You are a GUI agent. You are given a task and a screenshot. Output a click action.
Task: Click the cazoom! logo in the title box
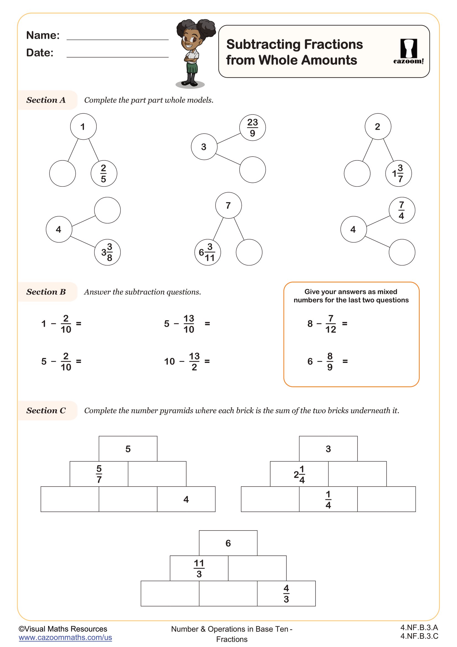408,51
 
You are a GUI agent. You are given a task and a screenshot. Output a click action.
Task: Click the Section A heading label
46,100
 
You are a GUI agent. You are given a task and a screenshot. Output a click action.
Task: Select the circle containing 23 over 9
253,128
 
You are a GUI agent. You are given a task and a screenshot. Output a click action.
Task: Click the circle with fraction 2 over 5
104,174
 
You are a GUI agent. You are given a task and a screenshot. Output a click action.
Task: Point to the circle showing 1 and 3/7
398,174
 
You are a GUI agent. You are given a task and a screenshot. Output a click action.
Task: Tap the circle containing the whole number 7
228,206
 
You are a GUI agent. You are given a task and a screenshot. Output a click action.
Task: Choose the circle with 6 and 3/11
208,252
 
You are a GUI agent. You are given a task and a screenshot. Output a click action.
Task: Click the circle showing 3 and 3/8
107,252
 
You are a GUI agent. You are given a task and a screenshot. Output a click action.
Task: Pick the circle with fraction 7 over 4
401,210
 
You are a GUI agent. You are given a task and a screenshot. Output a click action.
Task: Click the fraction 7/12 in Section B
331,324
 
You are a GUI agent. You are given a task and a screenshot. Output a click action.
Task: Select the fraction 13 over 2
194,362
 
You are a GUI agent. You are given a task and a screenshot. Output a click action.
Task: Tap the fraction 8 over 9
330,362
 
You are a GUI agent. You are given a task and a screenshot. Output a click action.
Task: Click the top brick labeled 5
128,449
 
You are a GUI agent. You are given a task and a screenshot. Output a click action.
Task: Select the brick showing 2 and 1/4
299,474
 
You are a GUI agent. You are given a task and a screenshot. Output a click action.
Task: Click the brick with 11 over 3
199,568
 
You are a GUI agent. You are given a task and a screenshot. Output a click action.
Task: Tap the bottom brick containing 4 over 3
286,593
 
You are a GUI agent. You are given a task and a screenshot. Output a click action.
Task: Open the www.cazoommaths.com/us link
65,637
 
